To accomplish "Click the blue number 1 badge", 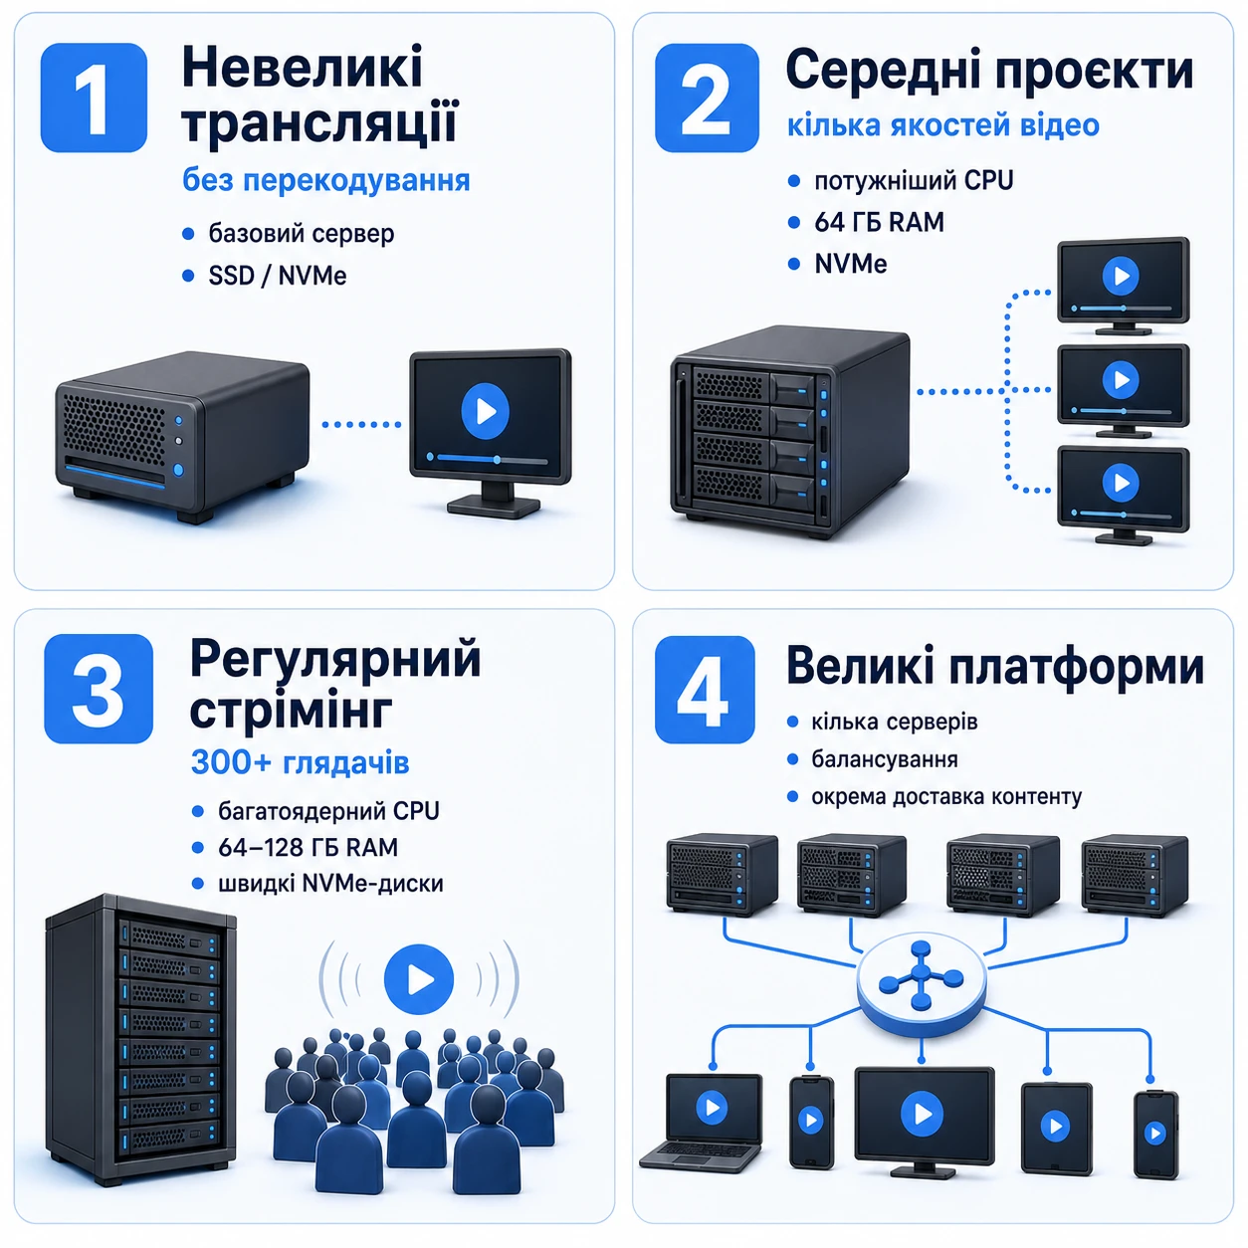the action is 94,98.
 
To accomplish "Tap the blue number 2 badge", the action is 706,98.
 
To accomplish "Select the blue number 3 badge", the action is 99,689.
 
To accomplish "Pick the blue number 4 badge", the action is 705,690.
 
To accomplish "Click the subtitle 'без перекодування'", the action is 325,180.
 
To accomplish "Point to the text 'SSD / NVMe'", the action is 278,276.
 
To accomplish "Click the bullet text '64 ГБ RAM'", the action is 879,222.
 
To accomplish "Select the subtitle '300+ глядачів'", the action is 300,762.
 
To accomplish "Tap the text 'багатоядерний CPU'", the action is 328,811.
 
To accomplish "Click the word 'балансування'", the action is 884,759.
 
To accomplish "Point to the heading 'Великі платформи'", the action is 995,667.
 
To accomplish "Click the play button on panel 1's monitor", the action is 485,411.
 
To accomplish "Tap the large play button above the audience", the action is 418,979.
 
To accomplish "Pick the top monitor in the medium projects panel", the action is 1123,286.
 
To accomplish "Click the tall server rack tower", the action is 140,1040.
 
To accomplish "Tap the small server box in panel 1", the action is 182,436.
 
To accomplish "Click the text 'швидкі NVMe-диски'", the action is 330,884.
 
